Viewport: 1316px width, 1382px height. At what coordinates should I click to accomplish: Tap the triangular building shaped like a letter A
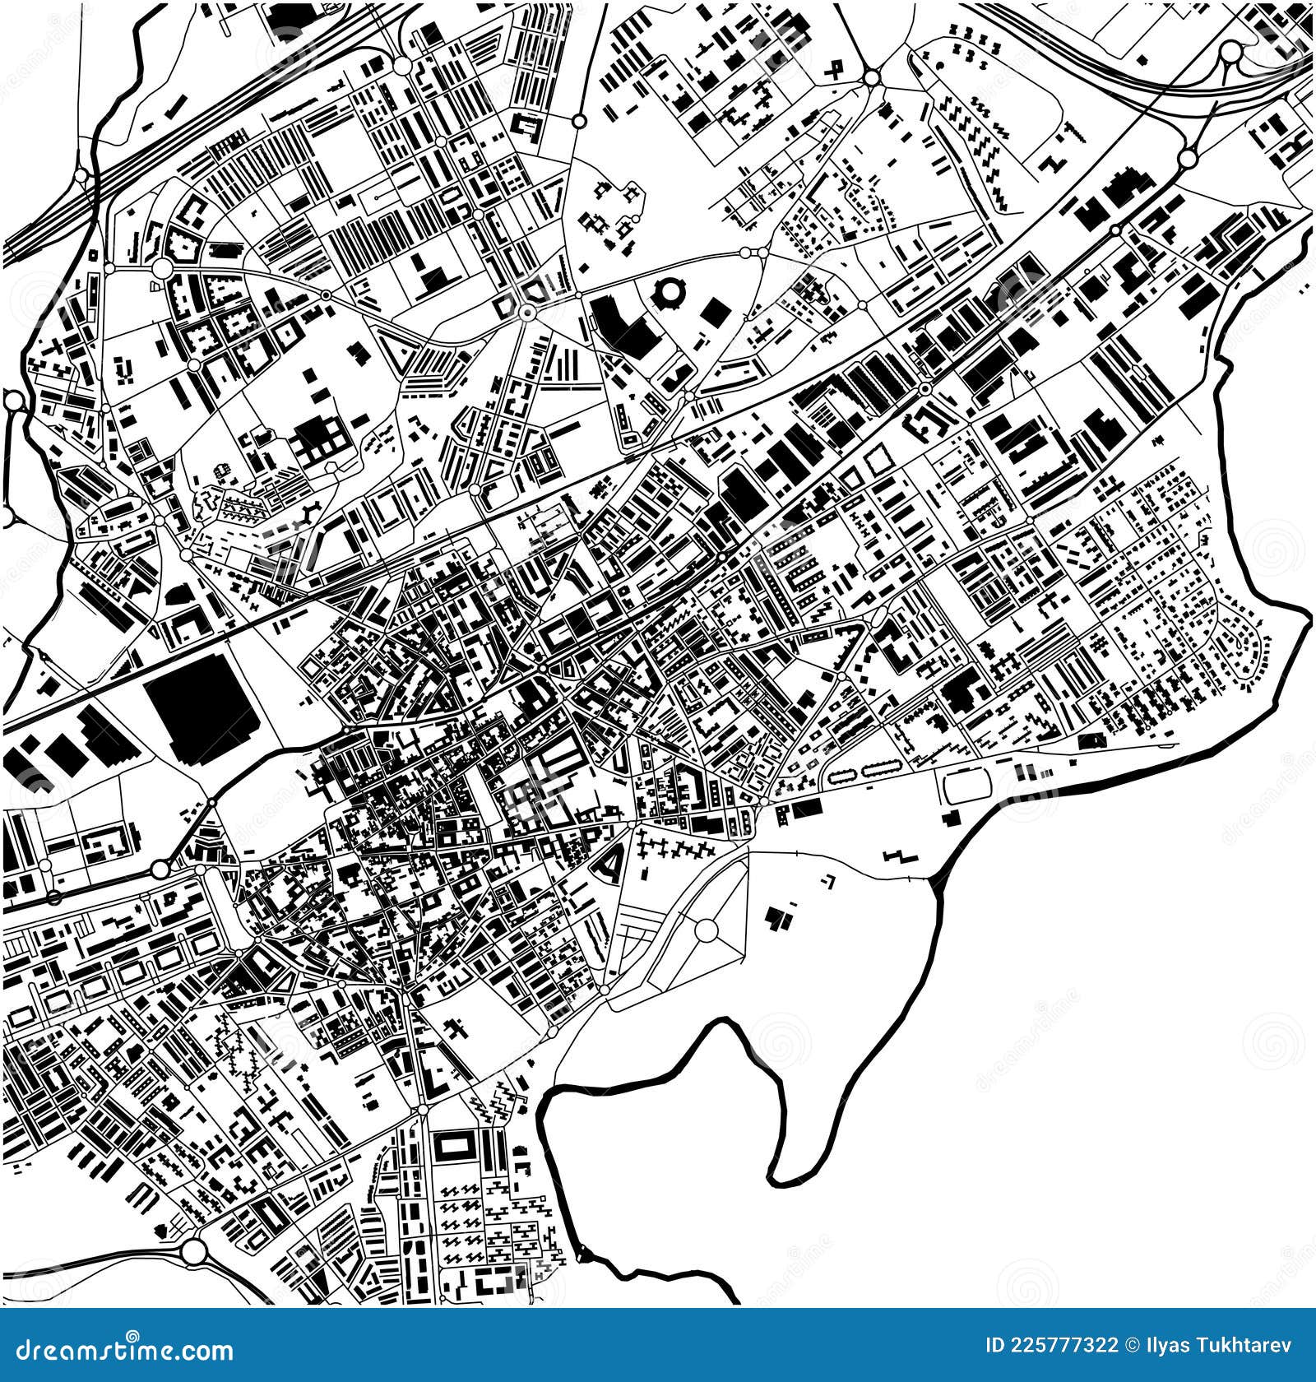coord(609,864)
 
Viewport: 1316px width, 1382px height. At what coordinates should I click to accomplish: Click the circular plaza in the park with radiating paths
coord(706,930)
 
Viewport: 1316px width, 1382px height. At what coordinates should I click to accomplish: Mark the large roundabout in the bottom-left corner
coord(194,1274)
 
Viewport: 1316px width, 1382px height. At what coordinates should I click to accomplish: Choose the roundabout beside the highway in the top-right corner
coord(1230,53)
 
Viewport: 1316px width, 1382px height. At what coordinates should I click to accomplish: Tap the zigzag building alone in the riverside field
coord(900,856)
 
